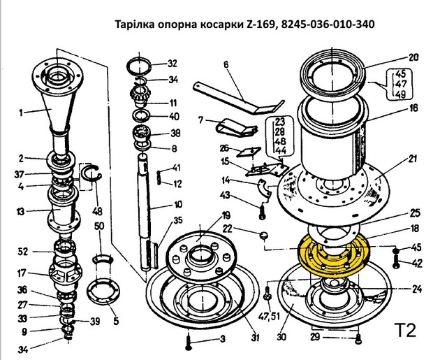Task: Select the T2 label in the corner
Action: pyautogui.click(x=405, y=330)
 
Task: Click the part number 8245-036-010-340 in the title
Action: pyautogui.click(x=328, y=24)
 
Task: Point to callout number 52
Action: pyautogui.click(x=23, y=252)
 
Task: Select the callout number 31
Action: pyautogui.click(x=255, y=338)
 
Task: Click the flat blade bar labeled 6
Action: pyautogui.click(x=239, y=99)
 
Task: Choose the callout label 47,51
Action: pyautogui.click(x=270, y=316)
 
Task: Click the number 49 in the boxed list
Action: pyautogui.click(x=400, y=94)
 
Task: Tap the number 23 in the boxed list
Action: pyautogui.click(x=279, y=122)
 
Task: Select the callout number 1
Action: pyautogui.click(x=20, y=113)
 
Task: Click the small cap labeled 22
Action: pyautogui.click(x=264, y=236)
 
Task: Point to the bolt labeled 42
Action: pyautogui.click(x=396, y=261)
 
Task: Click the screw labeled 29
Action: pyautogui.click(x=358, y=340)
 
